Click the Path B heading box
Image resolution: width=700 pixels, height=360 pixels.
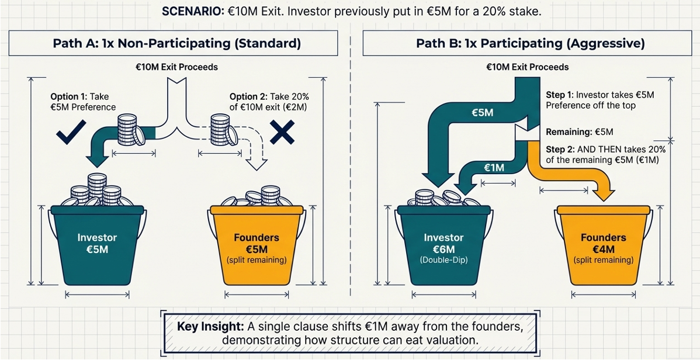(x=530, y=43)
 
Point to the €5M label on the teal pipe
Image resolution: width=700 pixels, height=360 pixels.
(x=482, y=112)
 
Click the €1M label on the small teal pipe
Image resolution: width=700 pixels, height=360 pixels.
(x=494, y=168)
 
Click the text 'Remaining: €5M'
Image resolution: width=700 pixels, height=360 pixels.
(x=579, y=132)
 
